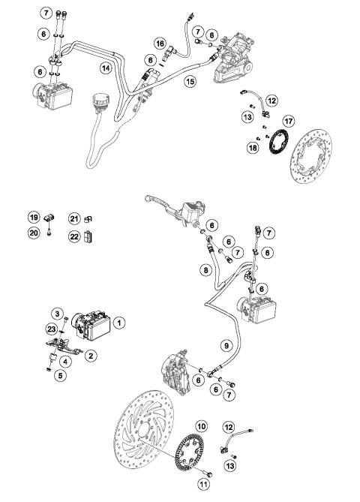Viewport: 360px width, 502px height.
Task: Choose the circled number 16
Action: pyautogui.click(x=160, y=44)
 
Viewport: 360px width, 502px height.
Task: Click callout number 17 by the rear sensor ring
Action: pyautogui.click(x=287, y=122)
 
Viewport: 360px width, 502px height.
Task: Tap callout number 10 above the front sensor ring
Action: pyautogui.click(x=200, y=426)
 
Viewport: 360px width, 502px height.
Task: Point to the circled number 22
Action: pyautogui.click(x=74, y=237)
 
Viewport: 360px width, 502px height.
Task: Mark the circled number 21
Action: pyautogui.click(x=74, y=218)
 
